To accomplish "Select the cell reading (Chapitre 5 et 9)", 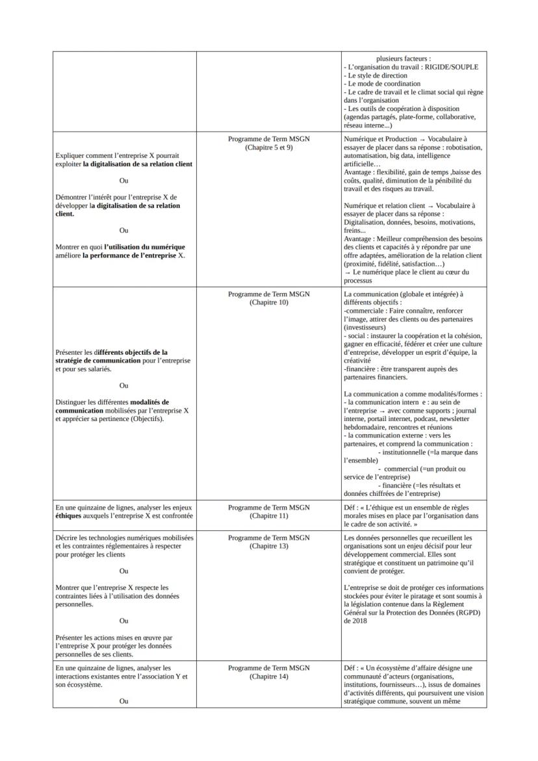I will click(x=269, y=148).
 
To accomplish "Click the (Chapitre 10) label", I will click(x=269, y=302).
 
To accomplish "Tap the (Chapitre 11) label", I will click(x=269, y=515).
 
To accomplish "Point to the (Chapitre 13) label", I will click(x=269, y=546).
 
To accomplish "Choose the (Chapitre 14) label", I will click(x=269, y=676).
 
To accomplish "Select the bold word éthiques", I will click(x=70, y=515).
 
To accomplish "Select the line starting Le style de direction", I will click(x=378, y=75).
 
